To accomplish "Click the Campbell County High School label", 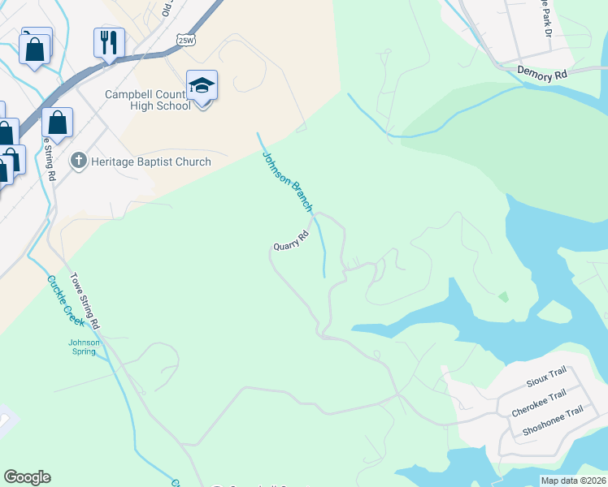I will pyautogui.click(x=148, y=100).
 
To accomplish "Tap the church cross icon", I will pyautogui.click(x=79, y=161).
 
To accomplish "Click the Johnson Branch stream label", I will pyautogui.click(x=285, y=181).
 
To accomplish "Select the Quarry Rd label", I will pyautogui.click(x=291, y=241).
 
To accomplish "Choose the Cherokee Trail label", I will pyautogui.click(x=539, y=403).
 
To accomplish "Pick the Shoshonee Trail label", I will pyautogui.click(x=553, y=422).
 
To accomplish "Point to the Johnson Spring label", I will pyautogui.click(x=84, y=347).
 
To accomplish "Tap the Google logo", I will pyautogui.click(x=27, y=477).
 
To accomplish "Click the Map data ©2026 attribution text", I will pyautogui.click(x=572, y=481).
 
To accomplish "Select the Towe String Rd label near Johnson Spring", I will pyautogui.click(x=85, y=300).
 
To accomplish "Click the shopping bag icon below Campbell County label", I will pyautogui.click(x=58, y=123).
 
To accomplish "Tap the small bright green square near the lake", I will pyautogui.click(x=503, y=296).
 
